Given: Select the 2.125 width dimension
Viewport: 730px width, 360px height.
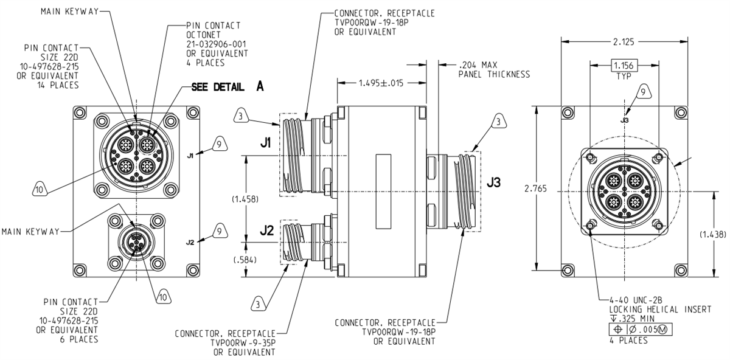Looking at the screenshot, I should point(622,41).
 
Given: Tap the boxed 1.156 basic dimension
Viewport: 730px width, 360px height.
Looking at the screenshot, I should point(622,66).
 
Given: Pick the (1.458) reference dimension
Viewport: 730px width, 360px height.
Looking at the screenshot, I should point(245,199).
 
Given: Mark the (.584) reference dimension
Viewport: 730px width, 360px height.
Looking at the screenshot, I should point(245,260).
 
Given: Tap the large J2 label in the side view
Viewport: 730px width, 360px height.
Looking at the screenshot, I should point(266,231).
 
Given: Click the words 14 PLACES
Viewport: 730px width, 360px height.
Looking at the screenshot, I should point(58,85).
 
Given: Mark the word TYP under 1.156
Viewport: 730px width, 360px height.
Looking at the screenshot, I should point(622,77).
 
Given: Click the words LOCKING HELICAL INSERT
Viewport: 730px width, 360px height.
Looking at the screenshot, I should point(659,310).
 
